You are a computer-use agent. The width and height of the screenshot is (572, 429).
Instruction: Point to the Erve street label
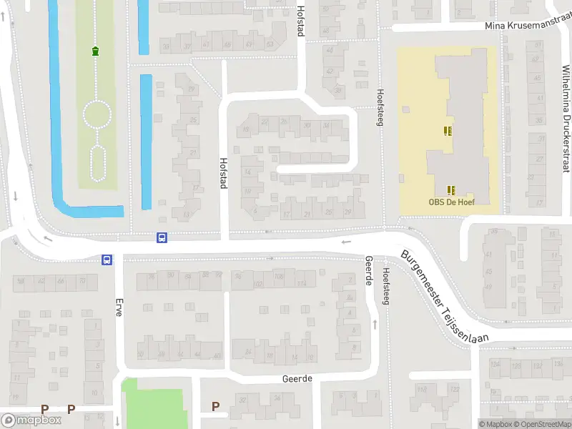pyautogui.click(x=119, y=307)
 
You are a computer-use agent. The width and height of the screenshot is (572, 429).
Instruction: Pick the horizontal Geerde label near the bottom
pyautogui.click(x=297, y=378)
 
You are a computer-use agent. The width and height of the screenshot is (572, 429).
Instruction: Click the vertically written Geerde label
pyautogui.click(x=369, y=270)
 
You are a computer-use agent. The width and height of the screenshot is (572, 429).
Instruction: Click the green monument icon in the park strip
pyautogui.click(x=94, y=50)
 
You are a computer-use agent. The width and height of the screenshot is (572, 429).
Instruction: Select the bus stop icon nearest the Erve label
pyautogui.click(x=107, y=260)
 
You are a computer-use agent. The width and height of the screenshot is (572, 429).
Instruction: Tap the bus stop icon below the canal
pyautogui.click(x=162, y=237)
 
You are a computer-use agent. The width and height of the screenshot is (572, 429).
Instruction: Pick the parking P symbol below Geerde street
pyautogui.click(x=215, y=406)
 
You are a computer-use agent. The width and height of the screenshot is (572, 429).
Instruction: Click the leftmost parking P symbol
pyautogui.click(x=44, y=409)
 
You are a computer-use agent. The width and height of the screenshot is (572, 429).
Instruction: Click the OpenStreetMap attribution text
pyautogui.click(x=543, y=424)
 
